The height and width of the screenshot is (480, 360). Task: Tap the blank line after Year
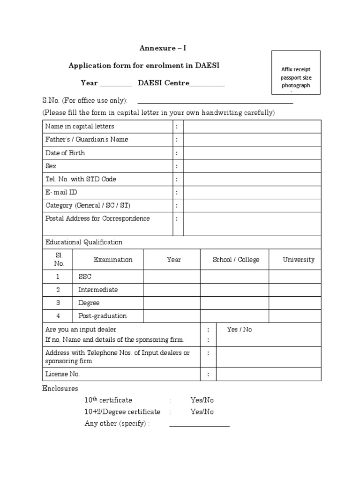[116, 84]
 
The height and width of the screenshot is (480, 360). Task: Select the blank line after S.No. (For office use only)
[215, 101]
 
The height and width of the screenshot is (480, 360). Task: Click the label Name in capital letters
[80, 127]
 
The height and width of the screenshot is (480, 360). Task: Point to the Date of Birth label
[65, 153]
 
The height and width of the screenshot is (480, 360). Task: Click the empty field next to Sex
[252, 166]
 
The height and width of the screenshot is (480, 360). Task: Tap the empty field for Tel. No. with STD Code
[252, 179]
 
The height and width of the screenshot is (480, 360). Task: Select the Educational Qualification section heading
[84, 242]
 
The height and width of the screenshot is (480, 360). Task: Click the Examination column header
[113, 260]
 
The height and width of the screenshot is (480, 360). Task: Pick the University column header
[299, 260]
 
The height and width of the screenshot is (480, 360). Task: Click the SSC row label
[85, 277]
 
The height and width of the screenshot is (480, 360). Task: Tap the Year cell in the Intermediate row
[172, 290]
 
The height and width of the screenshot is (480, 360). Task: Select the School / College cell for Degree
[236, 303]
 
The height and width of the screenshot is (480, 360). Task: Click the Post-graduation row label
[103, 316]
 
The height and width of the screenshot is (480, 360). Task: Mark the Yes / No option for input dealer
[239, 330]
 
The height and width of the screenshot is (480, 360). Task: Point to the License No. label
[63, 374]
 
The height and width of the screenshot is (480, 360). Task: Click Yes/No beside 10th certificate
[202, 400]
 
